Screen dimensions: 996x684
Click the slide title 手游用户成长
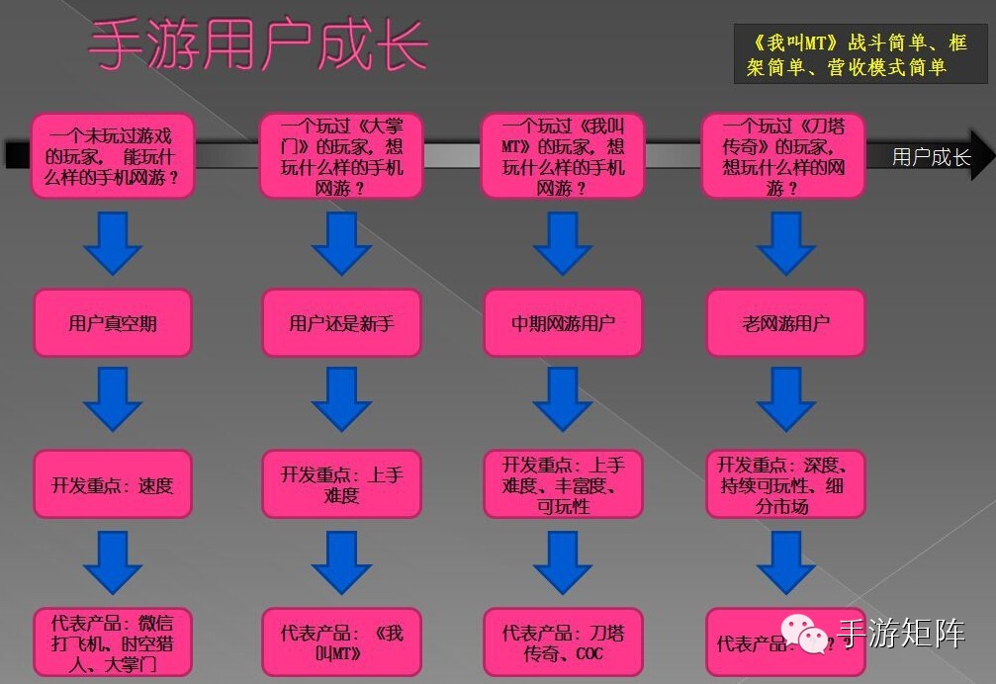259,44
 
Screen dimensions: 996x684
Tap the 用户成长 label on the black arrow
930,157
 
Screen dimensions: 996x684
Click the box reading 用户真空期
113,323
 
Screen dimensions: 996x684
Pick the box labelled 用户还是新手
341,323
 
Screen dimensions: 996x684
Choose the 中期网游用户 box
563,323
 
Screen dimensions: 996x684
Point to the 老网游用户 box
785,323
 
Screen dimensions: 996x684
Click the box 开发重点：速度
113,484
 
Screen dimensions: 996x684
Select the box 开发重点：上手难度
341,484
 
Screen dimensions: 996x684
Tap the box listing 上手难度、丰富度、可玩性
563,484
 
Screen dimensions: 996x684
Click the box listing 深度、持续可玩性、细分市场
785,484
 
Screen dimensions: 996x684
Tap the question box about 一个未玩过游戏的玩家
113,155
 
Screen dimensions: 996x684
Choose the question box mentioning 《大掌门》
341,155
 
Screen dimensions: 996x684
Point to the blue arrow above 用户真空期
113,243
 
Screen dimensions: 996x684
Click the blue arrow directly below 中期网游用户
563,399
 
